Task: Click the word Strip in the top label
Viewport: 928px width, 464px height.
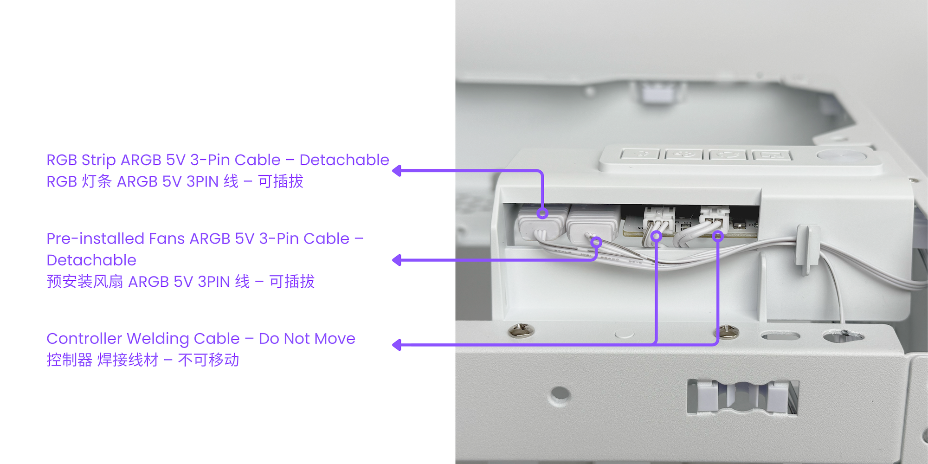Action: pos(98,160)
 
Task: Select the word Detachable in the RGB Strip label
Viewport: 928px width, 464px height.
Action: pos(344,160)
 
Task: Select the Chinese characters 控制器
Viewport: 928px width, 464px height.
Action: pos(70,360)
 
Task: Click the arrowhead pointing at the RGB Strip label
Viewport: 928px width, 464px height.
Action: pos(397,171)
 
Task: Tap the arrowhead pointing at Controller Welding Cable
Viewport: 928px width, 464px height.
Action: pos(397,345)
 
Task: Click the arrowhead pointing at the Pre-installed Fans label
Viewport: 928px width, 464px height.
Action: pos(397,260)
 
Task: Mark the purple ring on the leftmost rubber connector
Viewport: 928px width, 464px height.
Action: pos(542,213)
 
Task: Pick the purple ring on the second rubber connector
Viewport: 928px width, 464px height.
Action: pos(597,242)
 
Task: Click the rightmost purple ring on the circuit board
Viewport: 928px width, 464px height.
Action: pos(718,236)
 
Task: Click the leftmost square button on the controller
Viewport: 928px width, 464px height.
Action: pos(640,154)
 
